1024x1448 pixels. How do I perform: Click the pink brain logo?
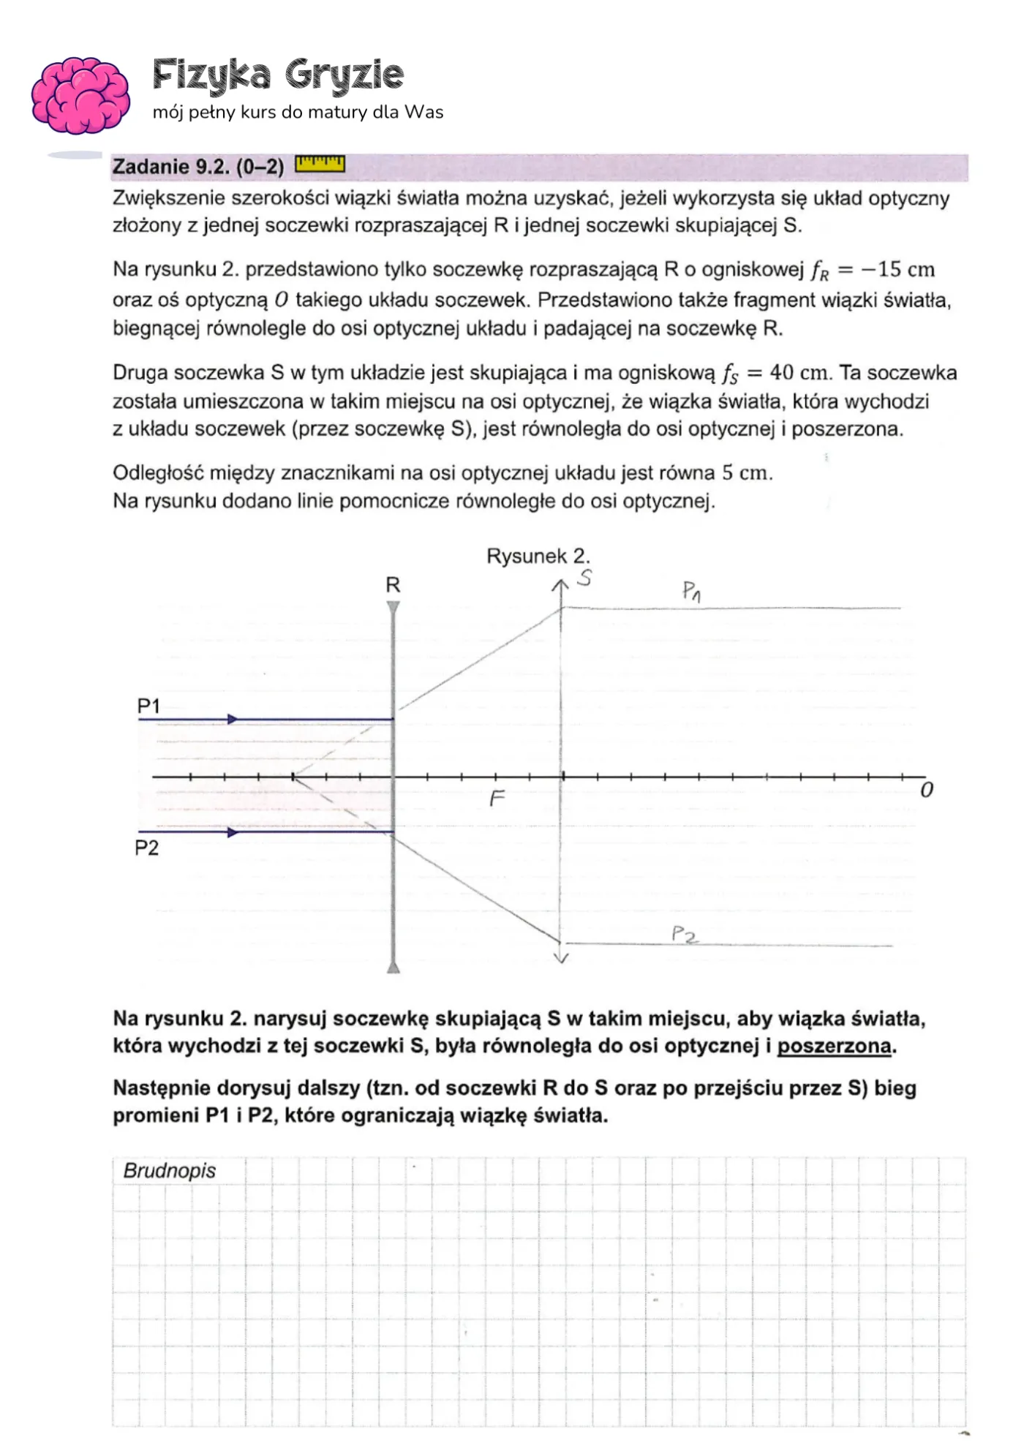tap(80, 95)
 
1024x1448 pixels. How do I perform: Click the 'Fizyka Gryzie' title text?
tap(278, 75)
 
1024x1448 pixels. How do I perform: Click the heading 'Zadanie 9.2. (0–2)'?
tap(197, 167)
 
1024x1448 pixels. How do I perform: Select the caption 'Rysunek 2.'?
tap(538, 557)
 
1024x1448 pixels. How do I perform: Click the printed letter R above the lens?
tap(393, 585)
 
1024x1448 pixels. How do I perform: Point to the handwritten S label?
tap(584, 578)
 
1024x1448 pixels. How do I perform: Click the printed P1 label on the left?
tap(148, 706)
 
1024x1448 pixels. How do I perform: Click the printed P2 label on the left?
tap(147, 848)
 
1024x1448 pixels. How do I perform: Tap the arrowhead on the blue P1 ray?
tap(233, 720)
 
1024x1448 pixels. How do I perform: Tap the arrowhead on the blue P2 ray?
tap(233, 832)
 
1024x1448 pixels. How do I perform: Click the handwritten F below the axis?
tap(497, 798)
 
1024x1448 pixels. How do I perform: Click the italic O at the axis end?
tap(927, 791)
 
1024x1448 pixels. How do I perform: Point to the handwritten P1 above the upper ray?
tap(691, 591)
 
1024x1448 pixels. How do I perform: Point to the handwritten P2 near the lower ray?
tap(685, 934)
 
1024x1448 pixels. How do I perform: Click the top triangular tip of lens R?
tap(394, 607)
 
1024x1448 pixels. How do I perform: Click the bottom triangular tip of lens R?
tap(394, 968)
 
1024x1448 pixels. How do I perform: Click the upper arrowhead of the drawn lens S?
tap(560, 585)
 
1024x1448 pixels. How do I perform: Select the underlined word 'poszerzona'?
tap(834, 1047)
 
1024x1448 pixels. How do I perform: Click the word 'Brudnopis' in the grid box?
tap(170, 1171)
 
